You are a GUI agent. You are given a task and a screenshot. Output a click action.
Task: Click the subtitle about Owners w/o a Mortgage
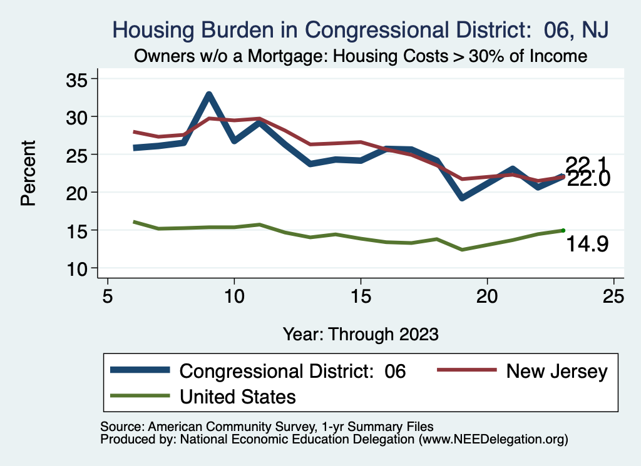360,56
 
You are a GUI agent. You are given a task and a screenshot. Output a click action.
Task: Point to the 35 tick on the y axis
77,79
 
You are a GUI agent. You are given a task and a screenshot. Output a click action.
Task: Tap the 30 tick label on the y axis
77,117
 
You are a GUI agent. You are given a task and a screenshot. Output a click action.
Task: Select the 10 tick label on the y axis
77,268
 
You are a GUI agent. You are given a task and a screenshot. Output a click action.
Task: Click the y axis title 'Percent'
28,173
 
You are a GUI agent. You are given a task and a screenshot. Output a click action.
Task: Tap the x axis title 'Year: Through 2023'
360,333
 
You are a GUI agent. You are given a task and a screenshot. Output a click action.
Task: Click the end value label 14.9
587,245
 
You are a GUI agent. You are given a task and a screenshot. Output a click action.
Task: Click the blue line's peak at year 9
209,95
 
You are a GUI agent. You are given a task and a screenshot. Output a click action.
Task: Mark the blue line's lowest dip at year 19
462,197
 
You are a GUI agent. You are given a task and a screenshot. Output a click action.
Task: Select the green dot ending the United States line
563,230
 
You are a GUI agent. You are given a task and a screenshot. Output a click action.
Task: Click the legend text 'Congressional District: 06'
293,372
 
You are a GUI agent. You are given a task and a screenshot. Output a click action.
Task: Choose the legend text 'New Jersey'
556,372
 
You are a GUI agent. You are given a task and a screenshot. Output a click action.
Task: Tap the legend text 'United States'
238,396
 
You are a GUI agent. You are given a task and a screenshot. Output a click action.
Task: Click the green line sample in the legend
140,395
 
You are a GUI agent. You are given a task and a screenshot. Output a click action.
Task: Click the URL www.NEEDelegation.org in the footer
493,439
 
